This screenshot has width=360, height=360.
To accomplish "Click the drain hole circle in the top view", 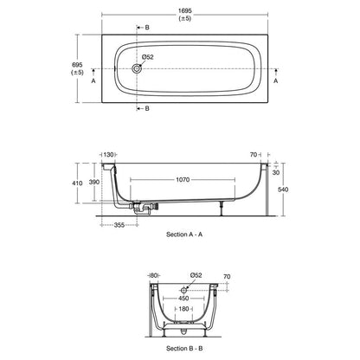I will coord(138,67).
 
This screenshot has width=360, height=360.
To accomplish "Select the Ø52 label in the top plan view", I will coord(148,57).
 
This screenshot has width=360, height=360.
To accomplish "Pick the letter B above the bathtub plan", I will coord(146,29).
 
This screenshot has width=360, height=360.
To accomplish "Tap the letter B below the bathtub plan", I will coord(146,109).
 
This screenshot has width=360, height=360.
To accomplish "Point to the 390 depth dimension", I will coord(108,183).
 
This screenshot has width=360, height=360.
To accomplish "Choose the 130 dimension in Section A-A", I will coord(109,154).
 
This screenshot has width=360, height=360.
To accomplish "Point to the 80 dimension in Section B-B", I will coord(153,276).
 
